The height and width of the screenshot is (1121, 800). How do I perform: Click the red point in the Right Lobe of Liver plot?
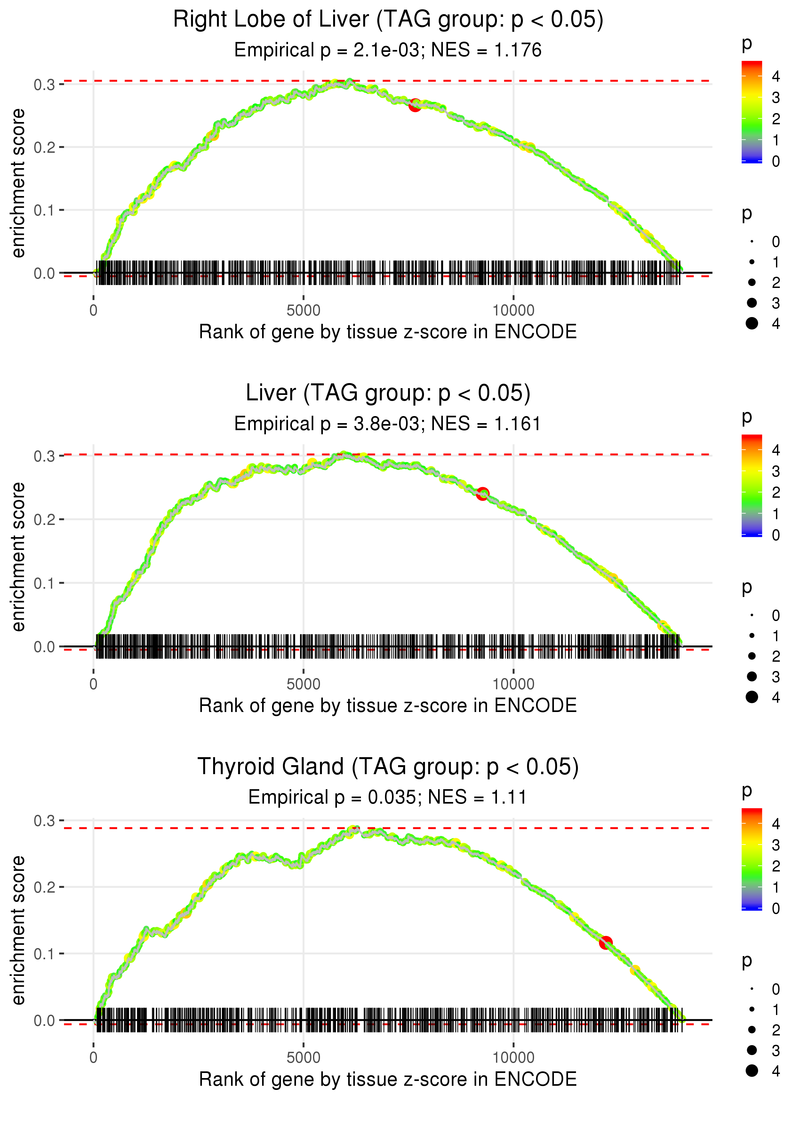(415, 105)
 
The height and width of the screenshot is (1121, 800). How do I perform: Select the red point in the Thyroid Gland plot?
(605, 943)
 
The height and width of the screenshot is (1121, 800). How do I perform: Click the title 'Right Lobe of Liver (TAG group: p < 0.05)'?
(388, 20)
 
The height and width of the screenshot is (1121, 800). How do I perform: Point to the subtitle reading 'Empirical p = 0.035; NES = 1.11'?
(388, 797)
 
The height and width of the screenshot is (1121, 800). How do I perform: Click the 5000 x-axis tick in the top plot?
(303, 311)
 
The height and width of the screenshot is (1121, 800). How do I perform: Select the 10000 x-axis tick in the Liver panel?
(513, 684)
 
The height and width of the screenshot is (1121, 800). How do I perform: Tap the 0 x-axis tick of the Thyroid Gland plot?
(93, 1058)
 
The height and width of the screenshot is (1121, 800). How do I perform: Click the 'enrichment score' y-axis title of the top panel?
(18, 183)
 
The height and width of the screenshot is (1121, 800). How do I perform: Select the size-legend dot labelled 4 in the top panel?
(752, 323)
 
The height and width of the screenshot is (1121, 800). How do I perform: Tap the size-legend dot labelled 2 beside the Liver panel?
(752, 656)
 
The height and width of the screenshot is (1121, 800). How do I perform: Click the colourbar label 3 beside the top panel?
(776, 98)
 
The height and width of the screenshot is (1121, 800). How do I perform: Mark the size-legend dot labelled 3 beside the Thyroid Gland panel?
(752, 1051)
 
